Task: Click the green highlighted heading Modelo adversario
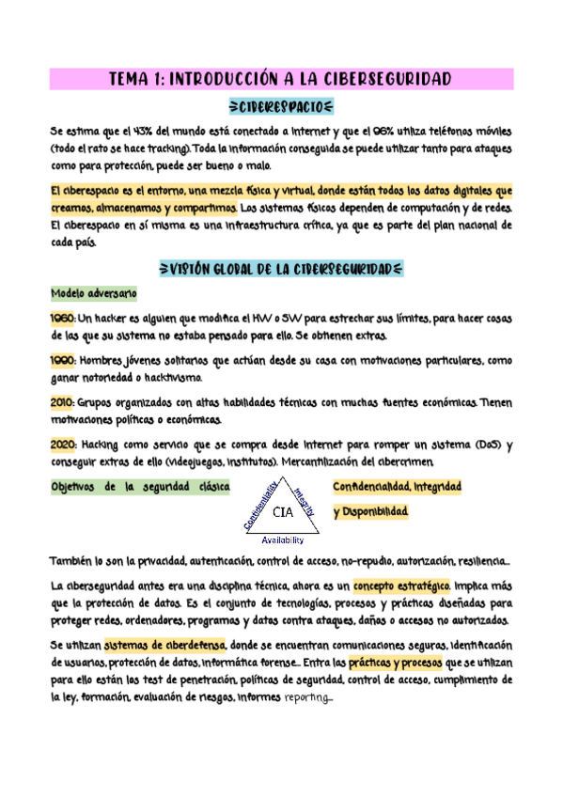(94, 294)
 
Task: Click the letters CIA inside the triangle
(282, 513)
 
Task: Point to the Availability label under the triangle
(282, 540)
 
